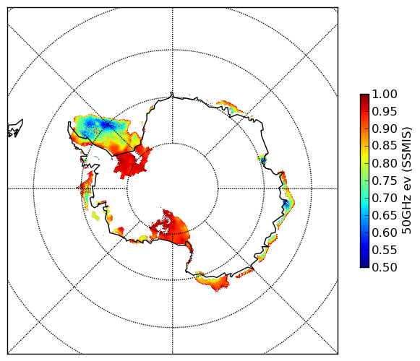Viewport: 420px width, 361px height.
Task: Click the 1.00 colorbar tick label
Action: (385, 94)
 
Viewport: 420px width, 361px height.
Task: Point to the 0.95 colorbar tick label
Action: (385, 112)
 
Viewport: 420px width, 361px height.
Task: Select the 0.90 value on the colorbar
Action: (385, 129)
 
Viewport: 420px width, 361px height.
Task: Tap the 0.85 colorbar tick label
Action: (385, 146)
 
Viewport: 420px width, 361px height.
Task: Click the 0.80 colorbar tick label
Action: (385, 163)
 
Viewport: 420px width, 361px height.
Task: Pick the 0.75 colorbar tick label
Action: (385, 180)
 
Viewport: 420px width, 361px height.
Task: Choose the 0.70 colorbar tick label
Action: (385, 198)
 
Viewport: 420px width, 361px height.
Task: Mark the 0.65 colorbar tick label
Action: (385, 215)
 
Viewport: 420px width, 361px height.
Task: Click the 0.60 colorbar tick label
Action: (385, 232)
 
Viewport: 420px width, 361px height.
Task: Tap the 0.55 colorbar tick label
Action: (385, 250)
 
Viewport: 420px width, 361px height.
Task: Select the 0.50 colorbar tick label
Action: (385, 267)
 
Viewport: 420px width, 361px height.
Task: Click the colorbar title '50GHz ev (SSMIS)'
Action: (407, 180)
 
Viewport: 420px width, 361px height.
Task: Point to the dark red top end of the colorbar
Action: (364, 95)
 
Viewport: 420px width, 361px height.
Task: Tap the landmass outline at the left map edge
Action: (15, 129)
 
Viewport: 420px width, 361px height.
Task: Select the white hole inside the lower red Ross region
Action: (160, 227)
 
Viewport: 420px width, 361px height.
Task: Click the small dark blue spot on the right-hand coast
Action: (286, 204)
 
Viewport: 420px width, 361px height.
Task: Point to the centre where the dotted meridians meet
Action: (173, 188)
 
